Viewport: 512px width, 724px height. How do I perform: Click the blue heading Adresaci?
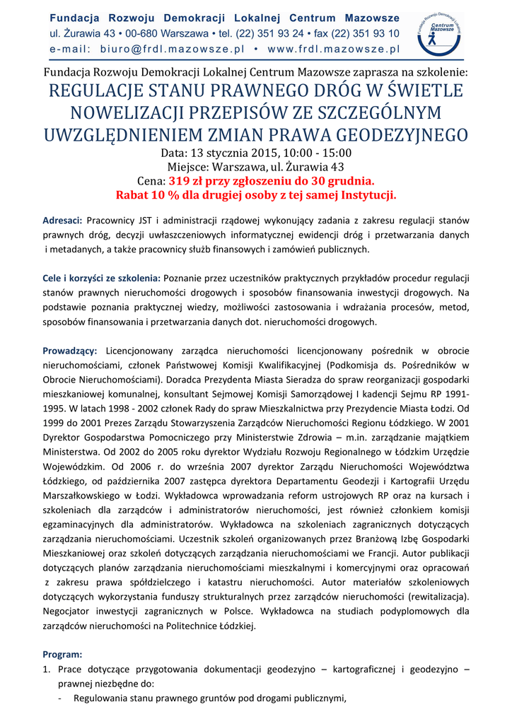click(x=63, y=221)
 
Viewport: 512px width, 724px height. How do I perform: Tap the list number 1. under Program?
click(x=47, y=669)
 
